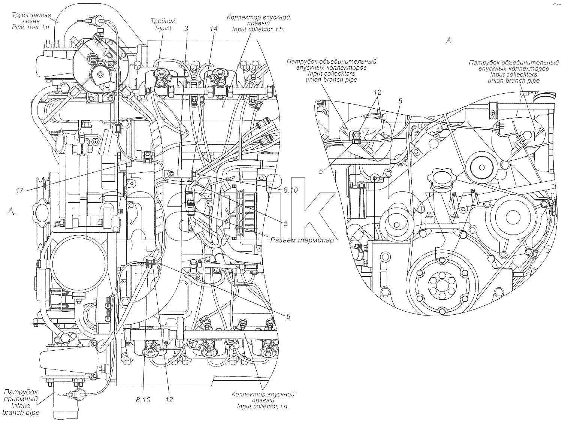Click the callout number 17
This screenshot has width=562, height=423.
click(19, 190)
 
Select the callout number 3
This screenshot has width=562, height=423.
click(186, 29)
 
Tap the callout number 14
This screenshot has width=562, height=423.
click(214, 29)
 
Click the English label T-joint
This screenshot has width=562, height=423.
click(163, 28)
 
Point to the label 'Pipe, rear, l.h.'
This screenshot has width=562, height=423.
click(31, 27)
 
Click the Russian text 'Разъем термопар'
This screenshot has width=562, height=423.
click(302, 240)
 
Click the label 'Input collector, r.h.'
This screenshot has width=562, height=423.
click(258, 29)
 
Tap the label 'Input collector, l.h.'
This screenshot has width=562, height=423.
click(263, 407)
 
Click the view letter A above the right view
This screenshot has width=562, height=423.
click(448, 40)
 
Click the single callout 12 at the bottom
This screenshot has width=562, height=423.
click(169, 400)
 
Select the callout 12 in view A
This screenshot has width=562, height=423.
click(377, 92)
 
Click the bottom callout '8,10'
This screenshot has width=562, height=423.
click(143, 400)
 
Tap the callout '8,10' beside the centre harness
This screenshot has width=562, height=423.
click(291, 190)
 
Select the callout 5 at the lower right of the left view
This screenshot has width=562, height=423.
click(288, 317)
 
